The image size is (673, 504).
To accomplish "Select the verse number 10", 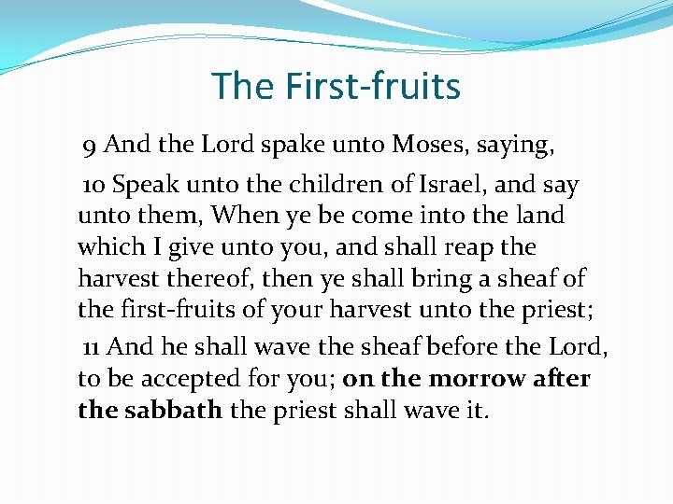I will pos(93,185).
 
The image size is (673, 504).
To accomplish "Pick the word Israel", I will pos(439,184).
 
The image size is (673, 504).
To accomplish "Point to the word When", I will pos(243,216).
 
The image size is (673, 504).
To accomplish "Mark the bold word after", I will pos(558,379).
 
